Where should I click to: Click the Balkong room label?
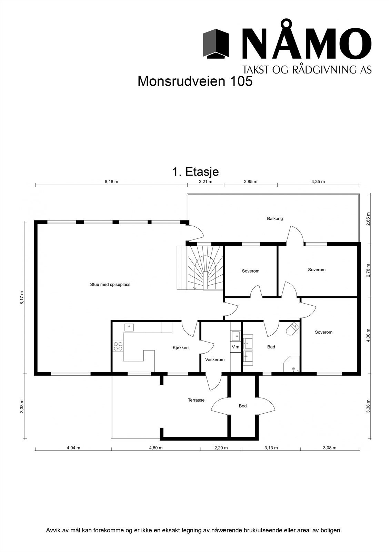pos(275,219)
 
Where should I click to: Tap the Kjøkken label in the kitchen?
pos(181,348)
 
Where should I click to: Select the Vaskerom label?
pos(215,359)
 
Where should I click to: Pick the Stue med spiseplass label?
pos(110,284)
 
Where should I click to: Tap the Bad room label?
pos(271,347)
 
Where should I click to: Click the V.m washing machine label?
pos(236,347)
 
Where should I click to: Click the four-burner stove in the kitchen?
pos(118,346)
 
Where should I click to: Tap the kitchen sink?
pos(129,327)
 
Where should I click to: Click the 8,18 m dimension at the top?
pos(111,181)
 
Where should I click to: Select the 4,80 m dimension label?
pos(156,448)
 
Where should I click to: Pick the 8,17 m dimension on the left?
pos(22,298)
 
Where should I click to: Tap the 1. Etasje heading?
pos(196,172)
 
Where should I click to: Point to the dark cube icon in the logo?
pos(216,43)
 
